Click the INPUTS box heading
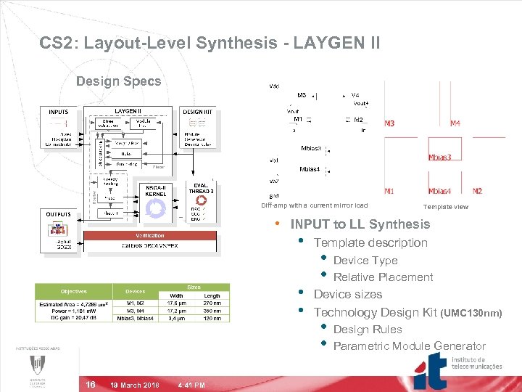point(59,112)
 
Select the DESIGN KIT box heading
point(198,112)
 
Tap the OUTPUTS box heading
point(59,214)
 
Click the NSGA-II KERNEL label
point(157,192)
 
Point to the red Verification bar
point(150,235)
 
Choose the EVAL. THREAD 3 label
point(201,189)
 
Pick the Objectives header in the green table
point(73,292)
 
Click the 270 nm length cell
point(212,303)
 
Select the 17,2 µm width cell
point(176,311)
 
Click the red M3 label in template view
point(390,123)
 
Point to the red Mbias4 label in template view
point(440,192)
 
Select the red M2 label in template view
point(477,192)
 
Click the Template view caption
point(446,207)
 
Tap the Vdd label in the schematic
point(275,86)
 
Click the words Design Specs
point(119,81)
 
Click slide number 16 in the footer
point(90,384)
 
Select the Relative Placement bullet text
point(383,277)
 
